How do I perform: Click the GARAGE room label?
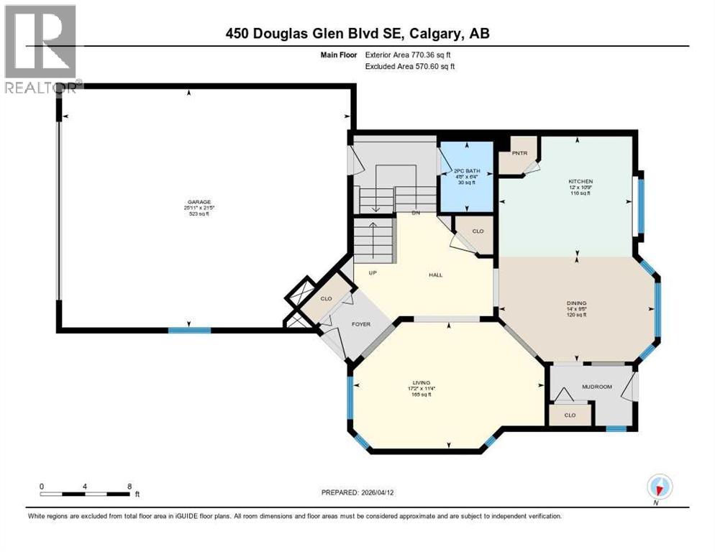[189, 202]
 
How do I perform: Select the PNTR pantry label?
[520, 153]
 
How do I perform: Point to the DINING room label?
[577, 303]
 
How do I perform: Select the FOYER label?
[361, 324]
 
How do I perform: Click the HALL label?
[435, 275]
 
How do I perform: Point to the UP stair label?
[372, 273]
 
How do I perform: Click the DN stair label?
[416, 213]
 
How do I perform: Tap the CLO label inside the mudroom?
[570, 415]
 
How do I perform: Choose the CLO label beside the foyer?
[325, 299]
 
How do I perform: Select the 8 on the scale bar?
[128, 486]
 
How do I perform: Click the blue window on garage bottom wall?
[189, 330]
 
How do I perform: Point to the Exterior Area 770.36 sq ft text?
[410, 55]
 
